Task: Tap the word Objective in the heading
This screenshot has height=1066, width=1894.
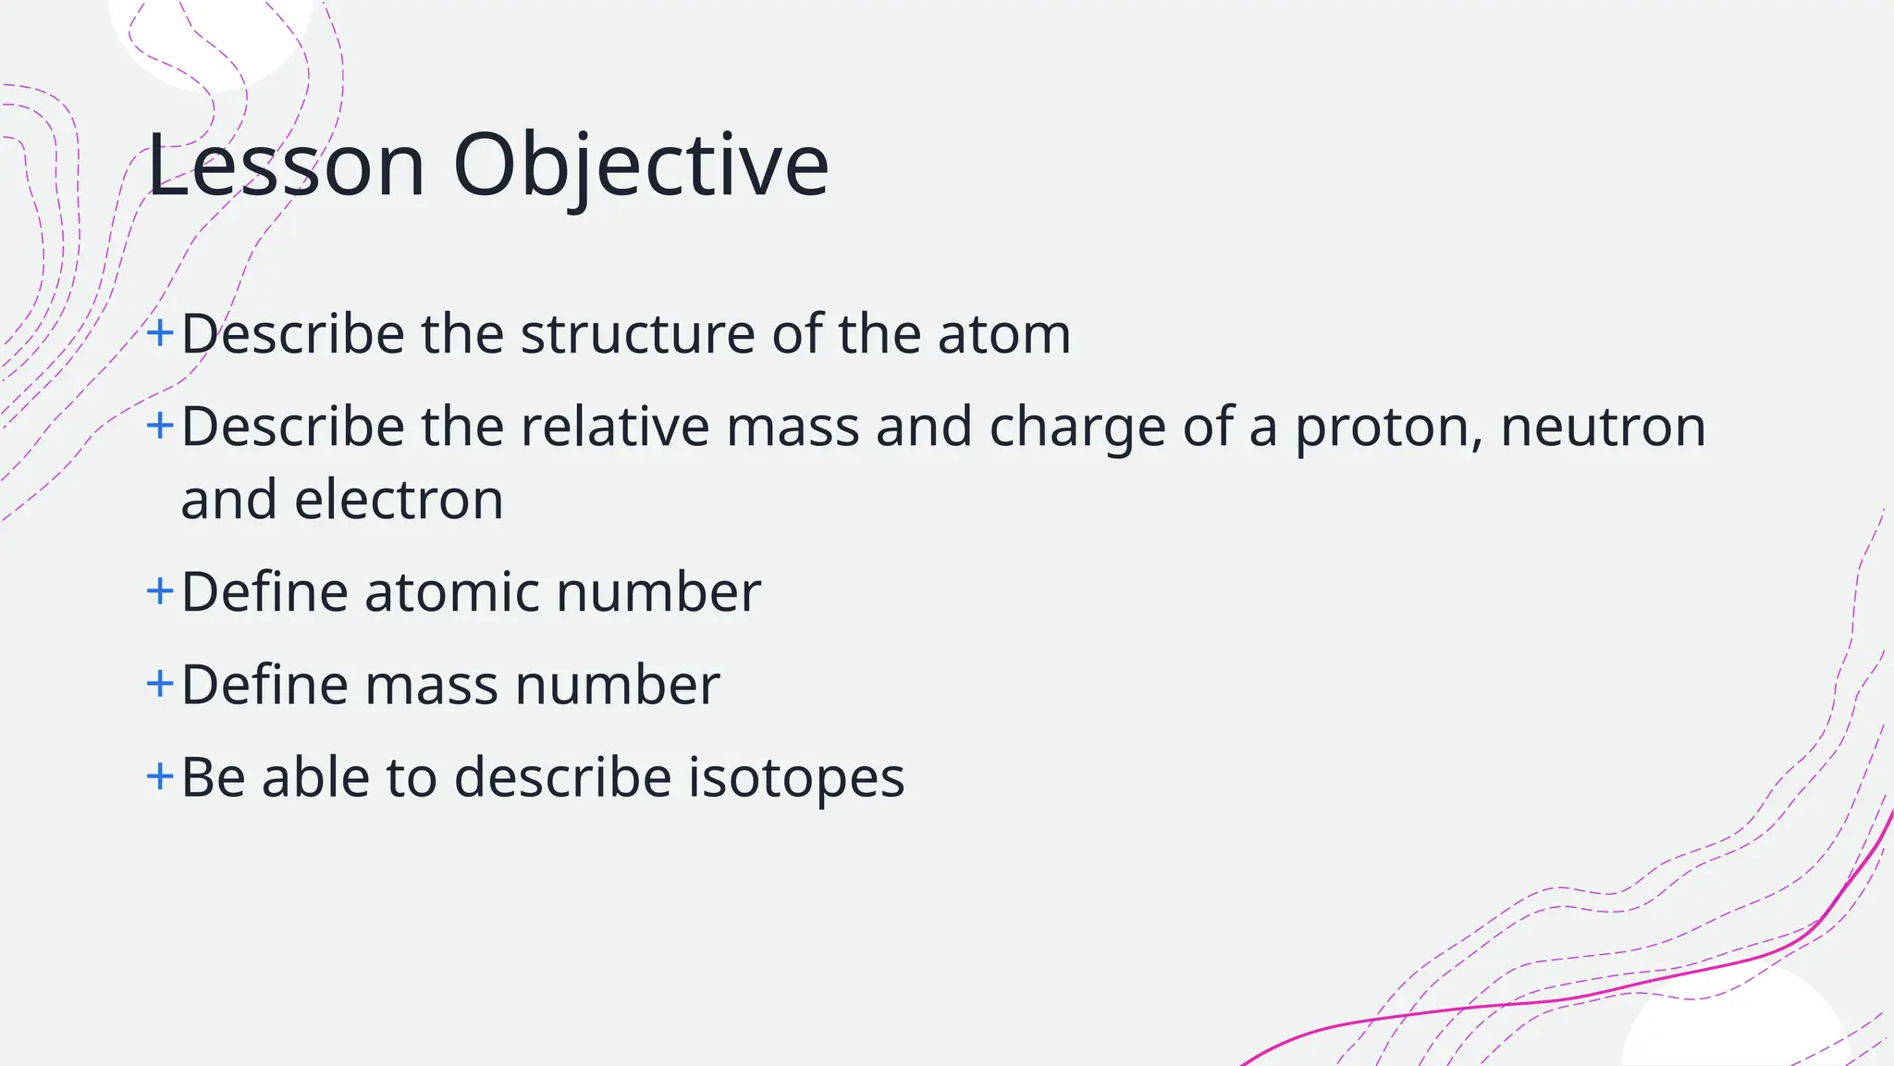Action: pyautogui.click(x=641, y=166)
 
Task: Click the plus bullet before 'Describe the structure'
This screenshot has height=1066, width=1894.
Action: pyautogui.click(x=160, y=332)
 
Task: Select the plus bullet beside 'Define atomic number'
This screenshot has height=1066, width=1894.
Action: pyautogui.click(x=160, y=590)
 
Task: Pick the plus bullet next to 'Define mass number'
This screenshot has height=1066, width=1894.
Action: pyautogui.click(x=160, y=684)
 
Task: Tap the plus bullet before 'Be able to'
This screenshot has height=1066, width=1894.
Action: pyautogui.click(x=160, y=775)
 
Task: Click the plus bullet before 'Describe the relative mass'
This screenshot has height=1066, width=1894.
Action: pyautogui.click(x=160, y=426)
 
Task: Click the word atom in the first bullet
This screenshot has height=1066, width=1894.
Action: pyautogui.click(x=1003, y=334)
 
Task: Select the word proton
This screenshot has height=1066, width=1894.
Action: pyautogui.click(x=1388, y=428)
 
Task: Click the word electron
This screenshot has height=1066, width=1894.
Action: pyautogui.click(x=399, y=501)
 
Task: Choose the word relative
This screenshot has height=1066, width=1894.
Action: pyautogui.click(x=615, y=428)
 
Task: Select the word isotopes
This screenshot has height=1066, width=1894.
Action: pyautogui.click(x=796, y=777)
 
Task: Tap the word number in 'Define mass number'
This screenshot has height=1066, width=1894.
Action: pyautogui.click(x=617, y=686)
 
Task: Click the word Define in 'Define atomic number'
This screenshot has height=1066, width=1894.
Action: pyautogui.click(x=264, y=592)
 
